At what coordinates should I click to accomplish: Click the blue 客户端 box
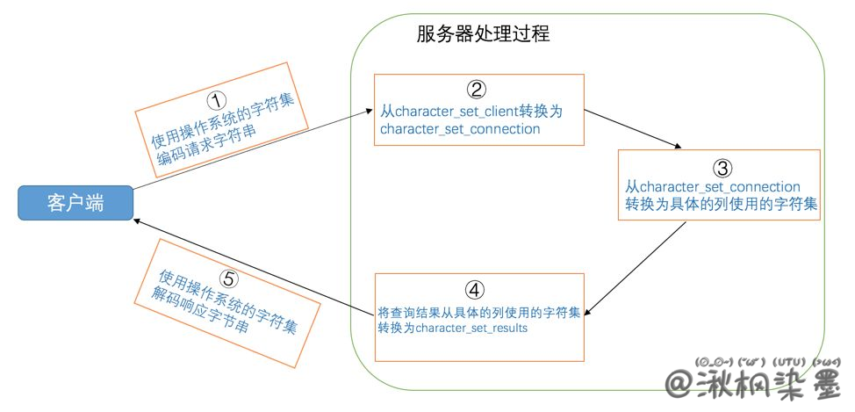(x=75, y=203)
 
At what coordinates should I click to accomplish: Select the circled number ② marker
(x=475, y=89)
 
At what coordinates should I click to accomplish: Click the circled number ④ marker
(x=475, y=290)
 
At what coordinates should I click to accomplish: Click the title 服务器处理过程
(x=483, y=35)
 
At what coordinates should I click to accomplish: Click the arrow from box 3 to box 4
(x=636, y=268)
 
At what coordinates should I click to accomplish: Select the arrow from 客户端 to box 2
(x=250, y=150)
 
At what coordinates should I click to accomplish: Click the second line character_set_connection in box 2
(x=460, y=129)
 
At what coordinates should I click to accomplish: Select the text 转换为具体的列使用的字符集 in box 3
(x=722, y=205)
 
